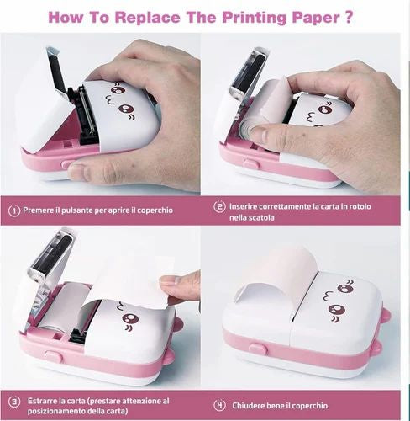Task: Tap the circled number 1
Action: coord(14,210)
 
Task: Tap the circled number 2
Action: coord(220,206)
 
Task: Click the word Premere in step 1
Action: coord(42,210)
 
